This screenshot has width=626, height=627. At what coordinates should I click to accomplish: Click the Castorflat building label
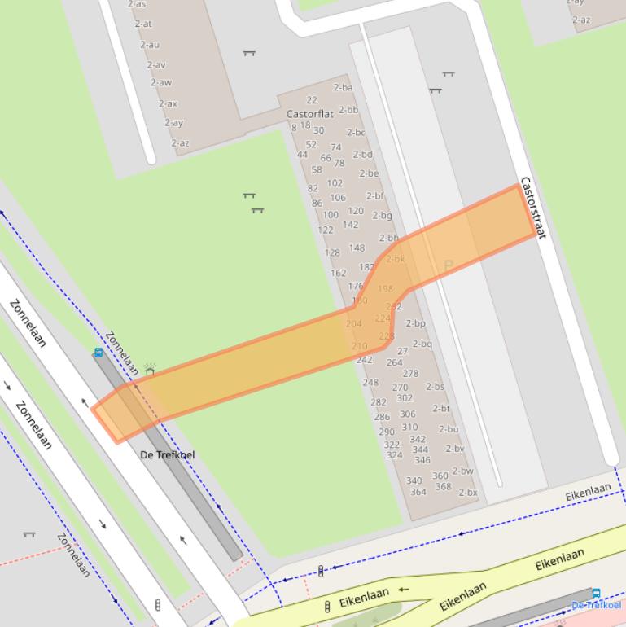pyautogui.click(x=310, y=114)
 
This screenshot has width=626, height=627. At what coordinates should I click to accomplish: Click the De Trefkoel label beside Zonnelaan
pyautogui.click(x=168, y=454)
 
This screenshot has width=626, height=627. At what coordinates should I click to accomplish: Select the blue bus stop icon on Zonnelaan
pyautogui.click(x=98, y=353)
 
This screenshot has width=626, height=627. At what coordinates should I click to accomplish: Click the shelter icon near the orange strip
pyautogui.click(x=150, y=370)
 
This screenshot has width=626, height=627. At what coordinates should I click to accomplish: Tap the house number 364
pyautogui.click(x=418, y=492)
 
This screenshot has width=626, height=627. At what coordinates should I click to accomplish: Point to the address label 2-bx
pyautogui.click(x=468, y=493)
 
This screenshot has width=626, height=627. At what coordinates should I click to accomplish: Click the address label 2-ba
pyautogui.click(x=343, y=87)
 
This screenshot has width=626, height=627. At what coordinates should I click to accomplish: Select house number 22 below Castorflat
pyautogui.click(x=312, y=100)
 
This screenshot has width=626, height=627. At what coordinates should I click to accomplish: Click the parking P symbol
pyautogui.click(x=448, y=265)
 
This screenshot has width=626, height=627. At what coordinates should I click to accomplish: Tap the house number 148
pyautogui.click(x=357, y=248)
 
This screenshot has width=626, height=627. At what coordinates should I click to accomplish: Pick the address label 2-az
pyautogui.click(x=180, y=143)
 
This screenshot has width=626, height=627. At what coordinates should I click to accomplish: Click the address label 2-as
pyautogui.click(x=137, y=4)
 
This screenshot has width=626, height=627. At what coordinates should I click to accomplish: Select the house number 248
pyautogui.click(x=370, y=383)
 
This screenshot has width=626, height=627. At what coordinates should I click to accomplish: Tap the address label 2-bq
pyautogui.click(x=422, y=344)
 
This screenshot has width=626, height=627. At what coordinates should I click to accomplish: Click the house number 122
pyautogui.click(x=326, y=230)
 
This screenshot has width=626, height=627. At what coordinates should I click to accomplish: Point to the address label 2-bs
pyautogui.click(x=435, y=387)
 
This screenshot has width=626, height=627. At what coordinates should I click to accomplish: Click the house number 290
pyautogui.click(x=387, y=432)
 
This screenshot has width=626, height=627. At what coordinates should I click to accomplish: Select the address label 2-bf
pyautogui.click(x=374, y=196)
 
